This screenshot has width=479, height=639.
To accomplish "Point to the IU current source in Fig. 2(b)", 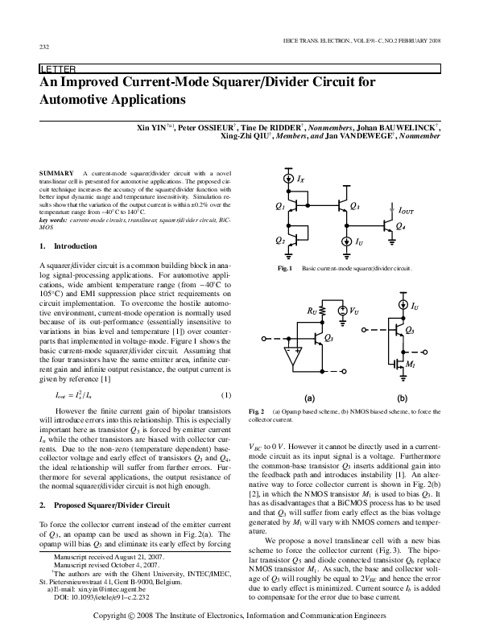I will coord(402,307).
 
